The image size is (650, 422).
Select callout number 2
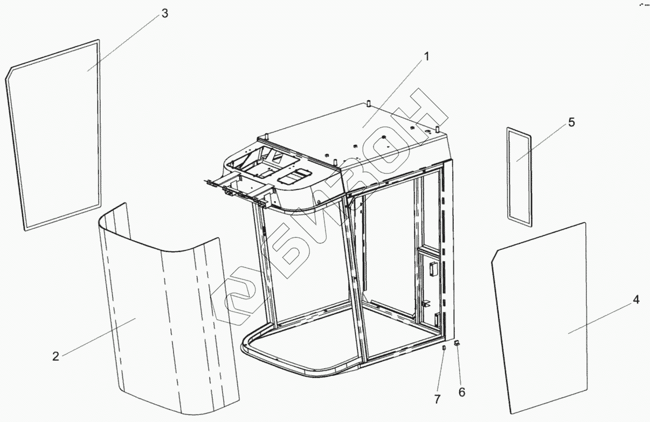coord(55,356)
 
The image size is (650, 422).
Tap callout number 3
coord(164,14)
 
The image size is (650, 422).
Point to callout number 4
coord(636,300)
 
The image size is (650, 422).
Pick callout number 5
coord(571,123)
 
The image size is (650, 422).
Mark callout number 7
coord(438,399)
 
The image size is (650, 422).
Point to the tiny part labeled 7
coord(444,349)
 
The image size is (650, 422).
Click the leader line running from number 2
coord(97,337)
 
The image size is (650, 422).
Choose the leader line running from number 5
coord(542,142)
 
